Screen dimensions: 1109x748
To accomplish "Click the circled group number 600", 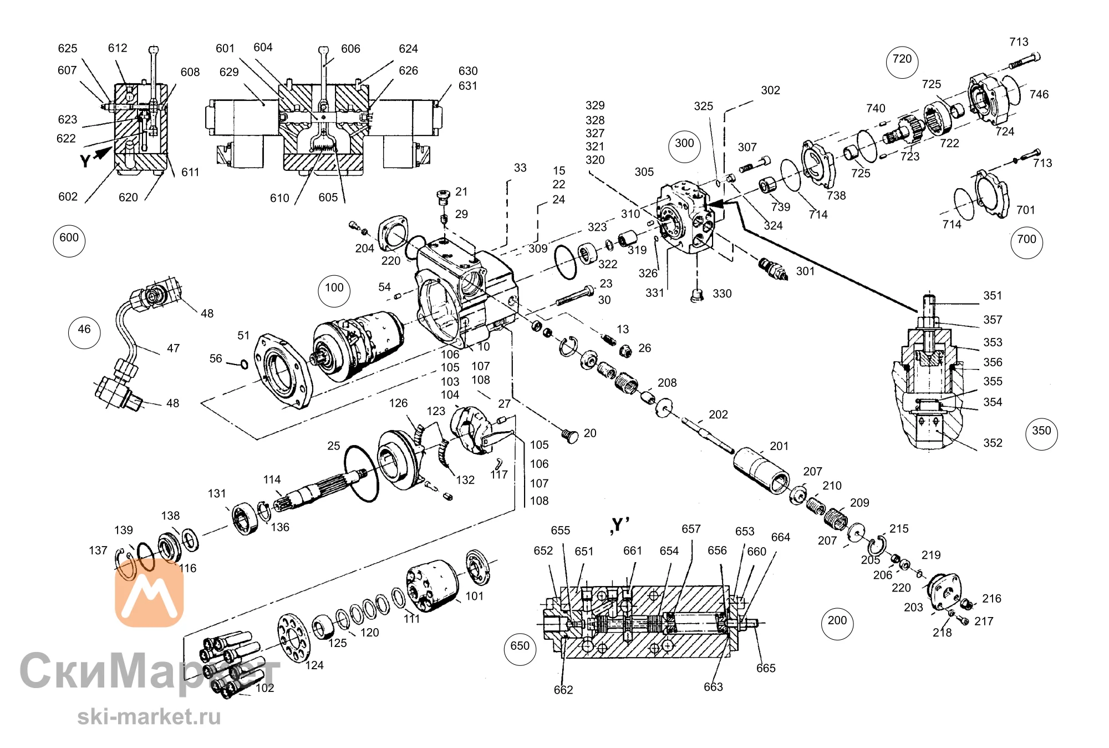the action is point(69,240).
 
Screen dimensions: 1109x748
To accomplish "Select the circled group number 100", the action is point(334,291).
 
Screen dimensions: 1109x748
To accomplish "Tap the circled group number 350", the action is point(1041,433).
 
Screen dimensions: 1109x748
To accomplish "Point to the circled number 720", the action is point(902,62).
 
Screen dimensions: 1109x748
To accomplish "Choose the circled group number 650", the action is point(520,649).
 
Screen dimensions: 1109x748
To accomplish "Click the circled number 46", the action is point(84,332).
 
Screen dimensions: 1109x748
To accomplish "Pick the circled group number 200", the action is point(837,623).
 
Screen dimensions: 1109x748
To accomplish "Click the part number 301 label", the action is point(805,271).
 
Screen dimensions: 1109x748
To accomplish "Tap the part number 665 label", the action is point(766,668).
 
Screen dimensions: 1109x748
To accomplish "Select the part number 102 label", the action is point(264,688).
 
